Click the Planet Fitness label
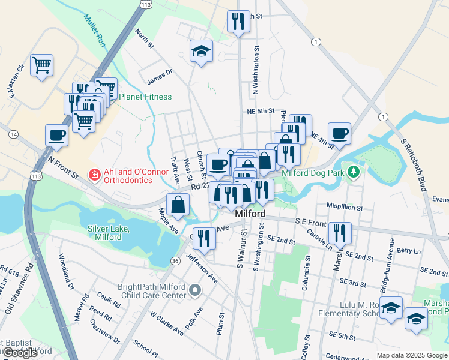point(145,97)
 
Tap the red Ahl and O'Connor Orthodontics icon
point(94,175)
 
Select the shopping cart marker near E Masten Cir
point(41,64)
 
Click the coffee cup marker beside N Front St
point(56,135)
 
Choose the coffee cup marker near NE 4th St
point(339,133)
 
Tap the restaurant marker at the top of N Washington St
point(238,21)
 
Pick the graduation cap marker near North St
point(202,50)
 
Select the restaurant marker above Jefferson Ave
point(204,238)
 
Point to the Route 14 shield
point(13,134)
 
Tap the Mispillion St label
point(345,208)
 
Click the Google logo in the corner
point(20,353)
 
